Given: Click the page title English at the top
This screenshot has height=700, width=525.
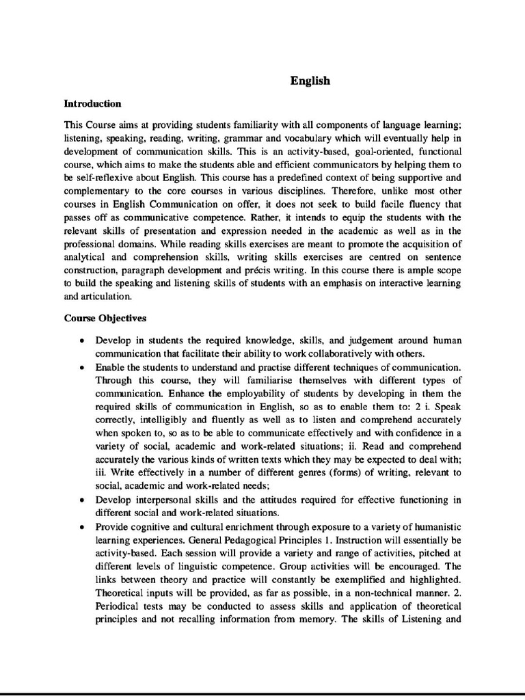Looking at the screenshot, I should (310, 81).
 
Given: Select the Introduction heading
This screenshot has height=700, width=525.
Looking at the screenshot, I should (92, 104).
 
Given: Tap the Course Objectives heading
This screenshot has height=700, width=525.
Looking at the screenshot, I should (105, 318).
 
